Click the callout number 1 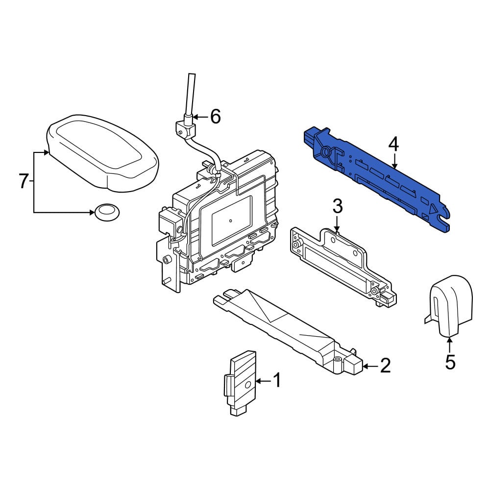coord(277,380)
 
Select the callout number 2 coord(385,365)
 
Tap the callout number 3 coord(338,206)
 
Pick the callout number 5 coord(450,363)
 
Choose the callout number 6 coord(216,117)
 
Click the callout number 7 coord(24,181)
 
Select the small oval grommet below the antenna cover coord(107,213)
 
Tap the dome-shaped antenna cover coord(102,152)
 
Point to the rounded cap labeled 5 coord(449,306)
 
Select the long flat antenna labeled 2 coord(288,331)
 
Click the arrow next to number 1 coord(264,381)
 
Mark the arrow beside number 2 coord(370,366)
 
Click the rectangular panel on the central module coord(232,220)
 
